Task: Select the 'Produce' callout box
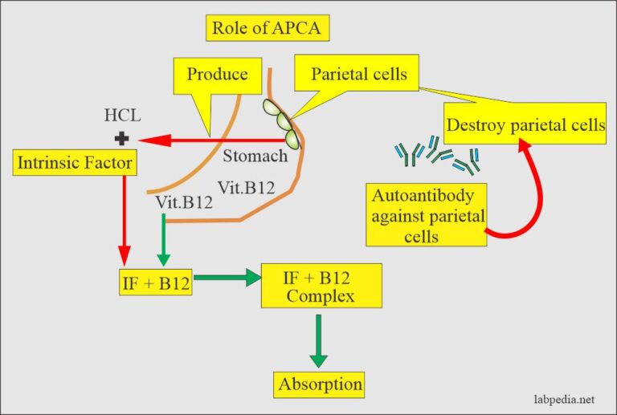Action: (216, 75)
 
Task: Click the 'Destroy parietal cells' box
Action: (525, 124)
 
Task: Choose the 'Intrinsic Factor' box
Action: (74, 165)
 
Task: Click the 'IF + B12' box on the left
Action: (153, 282)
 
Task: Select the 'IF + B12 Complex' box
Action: (319, 287)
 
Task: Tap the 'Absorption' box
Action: (319, 384)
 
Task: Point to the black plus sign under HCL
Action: (122, 139)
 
